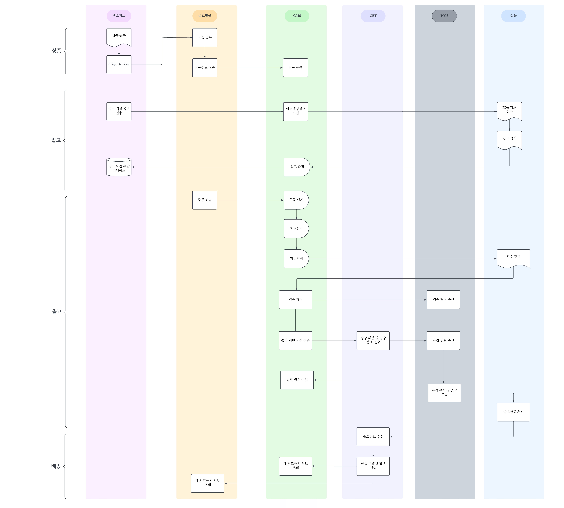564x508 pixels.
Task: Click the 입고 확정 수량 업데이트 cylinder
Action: point(119,167)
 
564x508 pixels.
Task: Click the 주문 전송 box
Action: point(204,200)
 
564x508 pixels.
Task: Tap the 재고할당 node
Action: point(296,228)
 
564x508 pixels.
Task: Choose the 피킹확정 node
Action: point(296,258)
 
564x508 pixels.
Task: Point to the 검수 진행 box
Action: point(513,258)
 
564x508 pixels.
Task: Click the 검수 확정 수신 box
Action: point(443,299)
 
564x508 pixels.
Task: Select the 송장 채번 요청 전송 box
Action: point(295,341)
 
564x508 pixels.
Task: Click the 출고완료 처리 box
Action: point(513,412)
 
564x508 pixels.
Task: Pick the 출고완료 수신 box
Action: point(373,437)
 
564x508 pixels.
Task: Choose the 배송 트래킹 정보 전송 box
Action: point(373,466)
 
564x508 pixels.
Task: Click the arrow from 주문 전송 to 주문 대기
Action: point(250,200)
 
